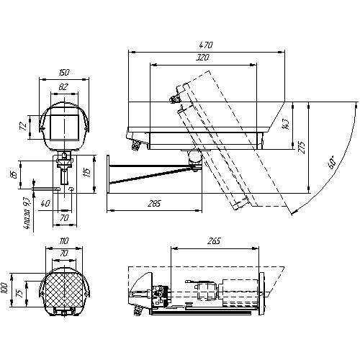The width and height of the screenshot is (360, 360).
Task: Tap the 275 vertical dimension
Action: tap(302, 147)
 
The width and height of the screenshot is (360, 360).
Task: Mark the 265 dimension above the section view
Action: tap(213, 242)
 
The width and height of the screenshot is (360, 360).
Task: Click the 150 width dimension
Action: tap(65, 73)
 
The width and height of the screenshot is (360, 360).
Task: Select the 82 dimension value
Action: tap(65, 86)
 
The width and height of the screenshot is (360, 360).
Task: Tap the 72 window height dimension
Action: tap(22, 125)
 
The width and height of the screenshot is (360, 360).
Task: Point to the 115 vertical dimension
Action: tap(86, 172)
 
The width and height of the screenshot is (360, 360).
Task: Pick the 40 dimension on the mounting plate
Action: tap(45, 204)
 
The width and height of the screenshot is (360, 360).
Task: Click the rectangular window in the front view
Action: tap(65, 126)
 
